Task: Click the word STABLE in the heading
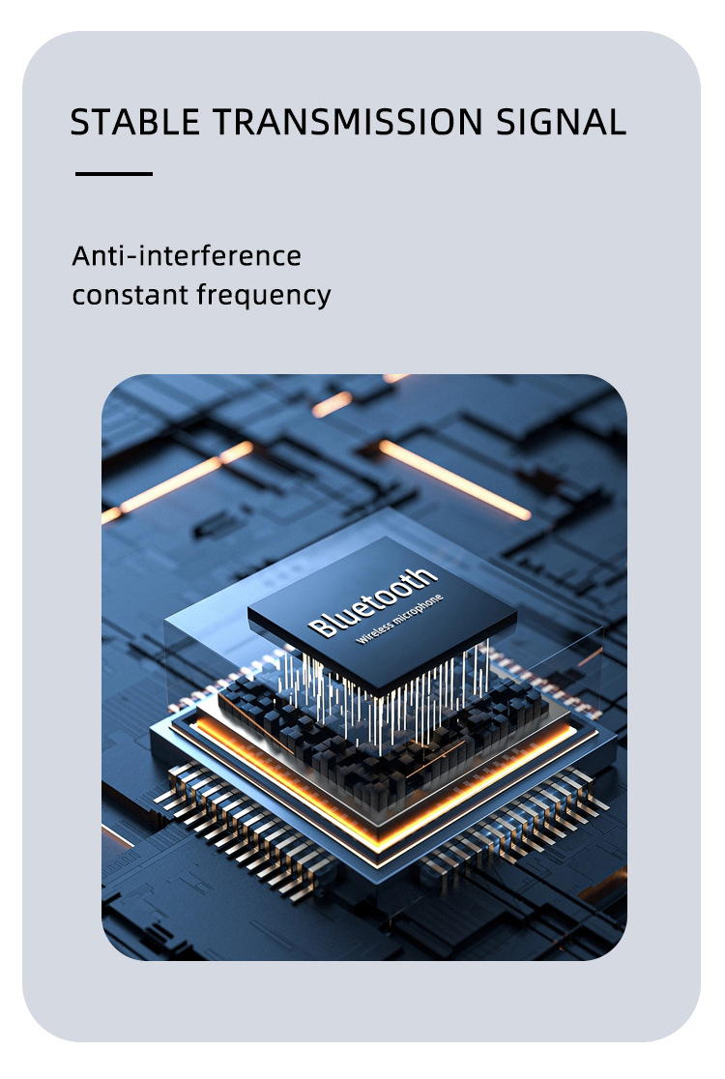(x=133, y=123)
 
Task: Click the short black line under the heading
(x=114, y=174)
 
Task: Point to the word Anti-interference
(x=187, y=256)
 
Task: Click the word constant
(x=130, y=295)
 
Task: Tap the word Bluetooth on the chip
(x=373, y=602)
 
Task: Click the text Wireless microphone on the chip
(x=399, y=621)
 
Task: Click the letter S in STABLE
(x=80, y=123)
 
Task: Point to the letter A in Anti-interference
(x=80, y=256)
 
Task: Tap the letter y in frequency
(x=323, y=298)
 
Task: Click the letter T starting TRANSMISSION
(x=222, y=123)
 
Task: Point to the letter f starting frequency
(x=202, y=294)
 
